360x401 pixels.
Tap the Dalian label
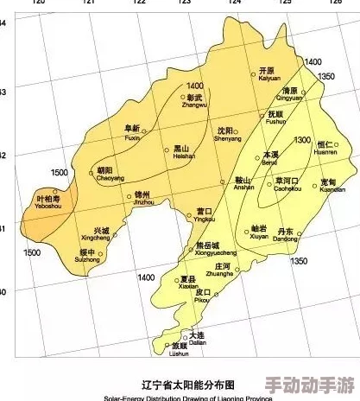click(197, 338)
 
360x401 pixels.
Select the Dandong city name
click(286, 235)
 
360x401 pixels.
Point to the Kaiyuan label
click(264, 74)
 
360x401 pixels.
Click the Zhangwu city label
click(195, 102)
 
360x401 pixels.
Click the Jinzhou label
click(143, 200)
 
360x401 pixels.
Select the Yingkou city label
click(205, 215)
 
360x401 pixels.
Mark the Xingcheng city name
click(96, 234)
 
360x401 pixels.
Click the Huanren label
click(326, 148)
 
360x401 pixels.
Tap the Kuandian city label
click(328, 185)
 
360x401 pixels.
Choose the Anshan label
click(244, 183)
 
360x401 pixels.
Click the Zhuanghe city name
click(224, 270)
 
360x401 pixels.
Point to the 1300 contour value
click(302, 139)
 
